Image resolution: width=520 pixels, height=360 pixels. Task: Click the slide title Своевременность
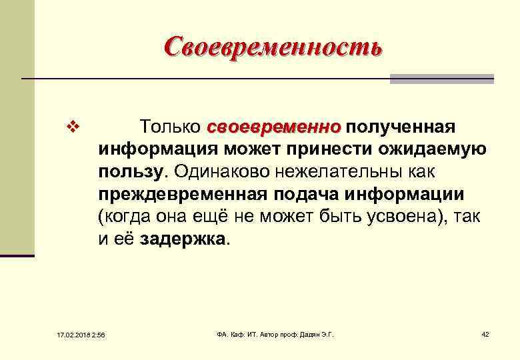coord(273,47)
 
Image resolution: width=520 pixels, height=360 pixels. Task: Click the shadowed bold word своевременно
coord(274,127)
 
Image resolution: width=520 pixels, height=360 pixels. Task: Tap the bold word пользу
coord(130,172)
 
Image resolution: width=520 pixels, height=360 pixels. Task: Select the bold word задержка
coord(183,240)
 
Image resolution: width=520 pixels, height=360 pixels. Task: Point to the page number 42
coord(485,333)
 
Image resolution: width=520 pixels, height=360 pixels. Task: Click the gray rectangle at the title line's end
coord(441,79)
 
